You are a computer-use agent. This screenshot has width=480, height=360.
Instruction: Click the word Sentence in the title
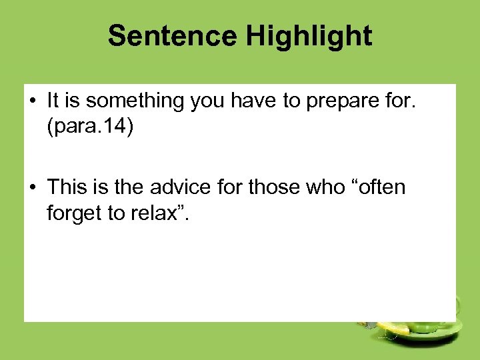[x=173, y=36]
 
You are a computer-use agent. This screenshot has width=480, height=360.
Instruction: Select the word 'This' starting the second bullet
[x=67, y=187]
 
